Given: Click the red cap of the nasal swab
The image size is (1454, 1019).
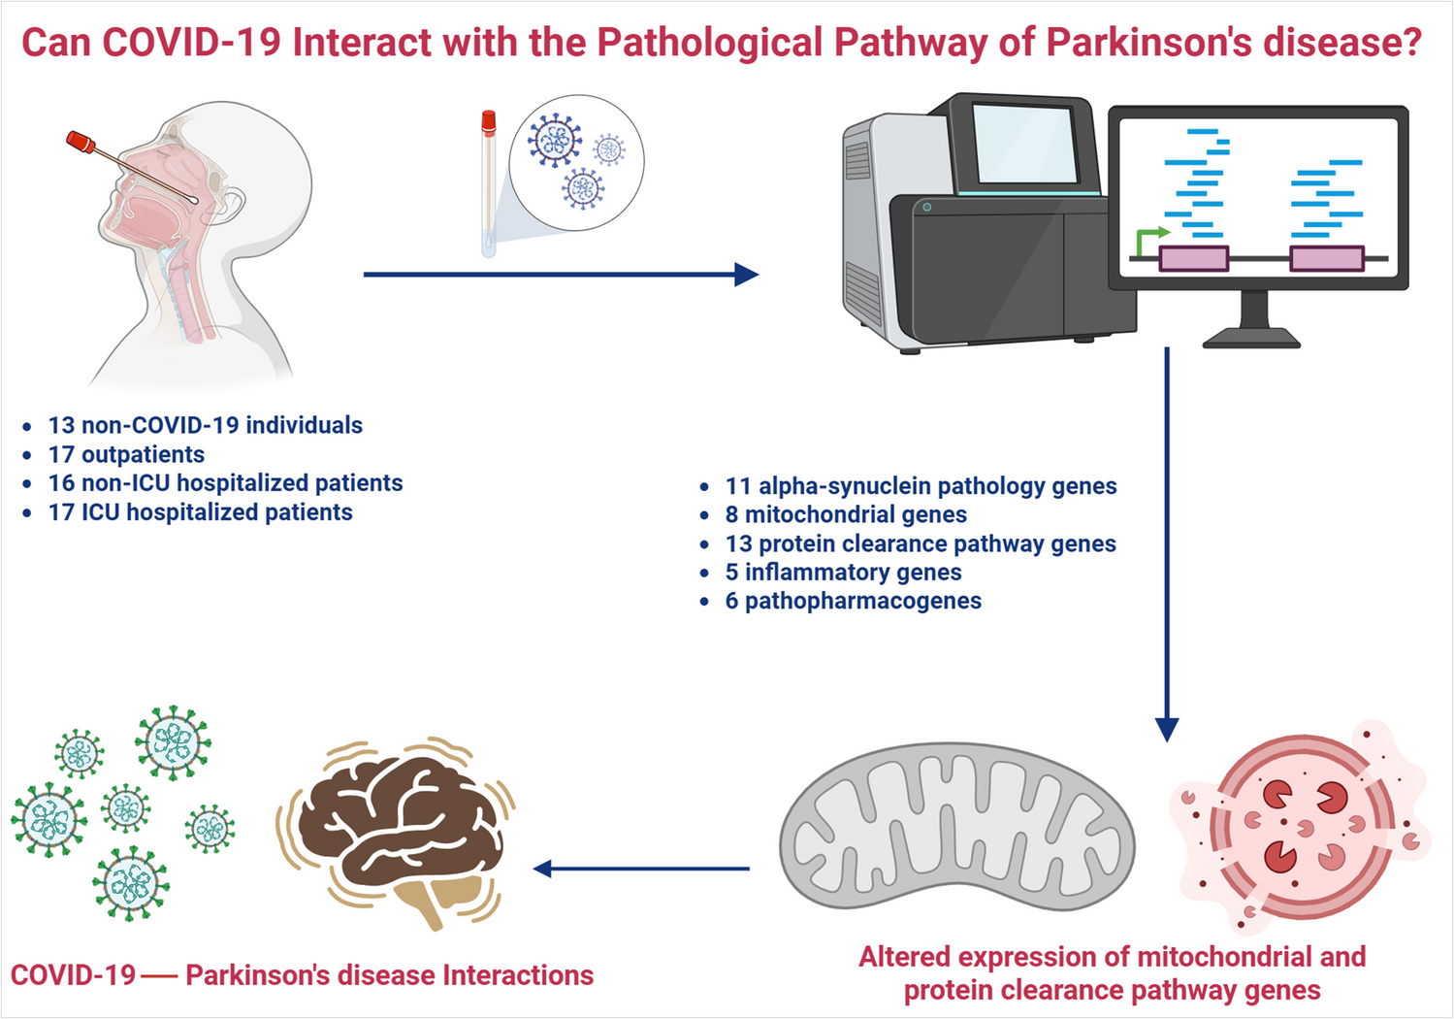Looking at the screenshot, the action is point(81,142).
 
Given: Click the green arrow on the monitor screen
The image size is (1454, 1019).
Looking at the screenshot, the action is point(1150,241).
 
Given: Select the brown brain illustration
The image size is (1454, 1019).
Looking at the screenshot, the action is point(400,836).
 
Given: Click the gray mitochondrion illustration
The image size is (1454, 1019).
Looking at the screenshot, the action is point(956,826).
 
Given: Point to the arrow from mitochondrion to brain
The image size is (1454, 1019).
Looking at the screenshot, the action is point(640,869).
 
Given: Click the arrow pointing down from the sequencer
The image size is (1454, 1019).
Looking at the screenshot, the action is point(1167,544).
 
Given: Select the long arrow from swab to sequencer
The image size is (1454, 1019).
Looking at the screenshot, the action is point(562,274).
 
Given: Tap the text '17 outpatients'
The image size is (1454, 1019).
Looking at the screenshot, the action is point(126,454).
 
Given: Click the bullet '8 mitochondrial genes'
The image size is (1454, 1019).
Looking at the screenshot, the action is point(846,514).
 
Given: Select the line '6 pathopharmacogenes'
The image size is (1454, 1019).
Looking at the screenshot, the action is point(853,601).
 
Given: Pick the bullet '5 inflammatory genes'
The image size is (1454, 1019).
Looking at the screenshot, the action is point(843,573).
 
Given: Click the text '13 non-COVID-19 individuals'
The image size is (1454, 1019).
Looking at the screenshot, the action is point(205,425).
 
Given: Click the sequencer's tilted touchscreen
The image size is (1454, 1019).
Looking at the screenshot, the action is point(1024,143).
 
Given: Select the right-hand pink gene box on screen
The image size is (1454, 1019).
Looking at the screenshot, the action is point(1327,258).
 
